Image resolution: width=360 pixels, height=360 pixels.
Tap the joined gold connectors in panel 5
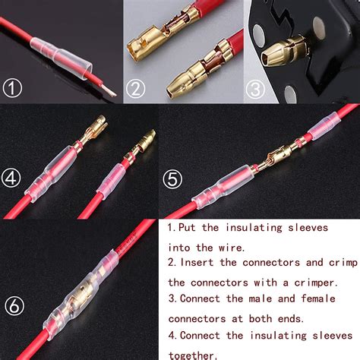click(x=267, y=155)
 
